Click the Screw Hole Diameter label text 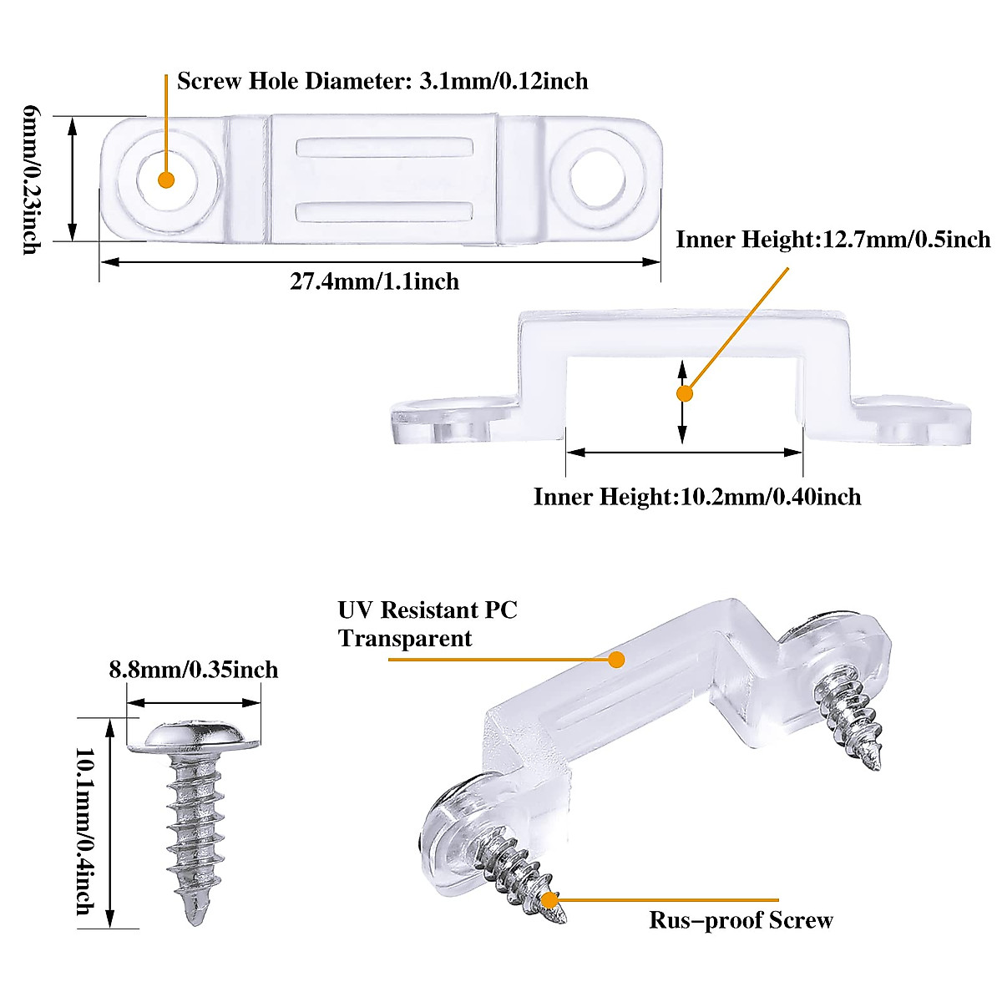[382, 81]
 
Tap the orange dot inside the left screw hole [165, 180]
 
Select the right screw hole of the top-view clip [599, 178]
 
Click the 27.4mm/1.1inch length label [374, 281]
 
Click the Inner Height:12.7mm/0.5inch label [832, 240]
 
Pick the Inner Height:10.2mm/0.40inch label [697, 497]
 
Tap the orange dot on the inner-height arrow [684, 393]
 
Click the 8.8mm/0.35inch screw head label [193, 670]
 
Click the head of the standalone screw [195, 736]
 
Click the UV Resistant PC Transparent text [427, 624]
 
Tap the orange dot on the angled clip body [616, 660]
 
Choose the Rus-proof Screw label [741, 920]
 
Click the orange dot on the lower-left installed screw [549, 899]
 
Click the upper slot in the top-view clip [380, 147]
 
